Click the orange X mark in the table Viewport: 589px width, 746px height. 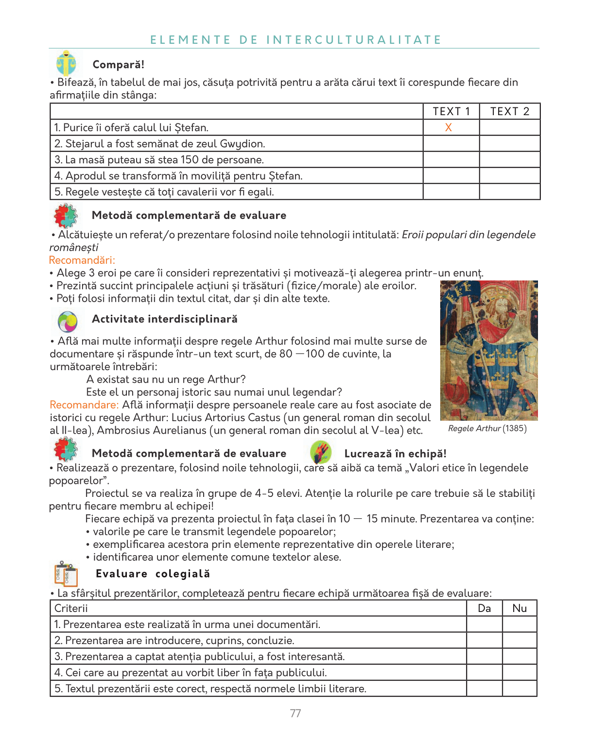coord(449,127)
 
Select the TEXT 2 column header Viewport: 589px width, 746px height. coord(509,111)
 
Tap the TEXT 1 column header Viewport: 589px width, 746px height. coord(451,111)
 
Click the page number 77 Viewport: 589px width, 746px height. coord(295,713)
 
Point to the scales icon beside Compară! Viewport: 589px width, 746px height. coord(66,63)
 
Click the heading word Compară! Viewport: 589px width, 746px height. coord(118,65)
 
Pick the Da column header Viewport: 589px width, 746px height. coord(484,608)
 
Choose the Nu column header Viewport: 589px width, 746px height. coord(520,608)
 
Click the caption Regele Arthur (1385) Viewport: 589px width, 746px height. coord(487,428)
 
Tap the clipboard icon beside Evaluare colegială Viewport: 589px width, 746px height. coord(66,574)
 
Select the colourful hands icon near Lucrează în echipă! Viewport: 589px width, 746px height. coord(321,452)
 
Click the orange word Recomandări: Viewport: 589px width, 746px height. coord(82,260)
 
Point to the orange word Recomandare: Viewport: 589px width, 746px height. coord(84,405)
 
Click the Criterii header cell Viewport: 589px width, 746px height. coord(71,608)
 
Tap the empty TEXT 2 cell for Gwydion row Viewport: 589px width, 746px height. coord(509,143)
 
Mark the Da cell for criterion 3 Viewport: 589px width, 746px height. coord(484,656)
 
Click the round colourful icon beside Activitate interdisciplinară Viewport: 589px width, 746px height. coord(68,321)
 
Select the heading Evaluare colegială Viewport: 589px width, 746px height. coord(153,574)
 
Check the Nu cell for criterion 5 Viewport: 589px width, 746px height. coord(520,688)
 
